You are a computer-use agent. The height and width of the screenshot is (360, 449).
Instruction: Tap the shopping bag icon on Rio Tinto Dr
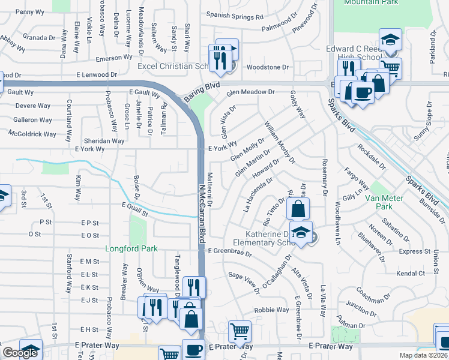[x=298, y=209]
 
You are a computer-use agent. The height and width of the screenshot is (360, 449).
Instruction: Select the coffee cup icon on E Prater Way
[x=193, y=350]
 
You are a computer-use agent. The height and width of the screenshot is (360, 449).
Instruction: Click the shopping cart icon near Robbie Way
[x=240, y=331]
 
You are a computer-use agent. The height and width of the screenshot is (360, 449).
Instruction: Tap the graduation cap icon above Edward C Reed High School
[x=390, y=40]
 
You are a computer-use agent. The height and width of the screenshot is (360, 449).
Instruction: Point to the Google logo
[x=19, y=353]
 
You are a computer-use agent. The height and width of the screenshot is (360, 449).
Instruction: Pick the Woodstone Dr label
[x=268, y=67]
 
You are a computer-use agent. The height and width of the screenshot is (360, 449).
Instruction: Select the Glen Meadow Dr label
[x=250, y=92]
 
